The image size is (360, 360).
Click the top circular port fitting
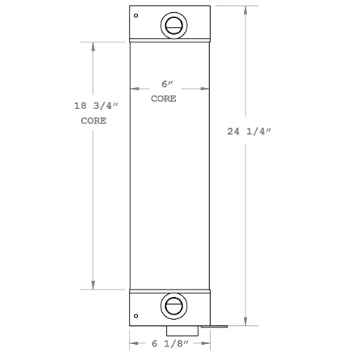[172, 24]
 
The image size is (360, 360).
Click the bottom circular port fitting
[171, 306]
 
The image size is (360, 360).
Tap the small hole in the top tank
[136, 16]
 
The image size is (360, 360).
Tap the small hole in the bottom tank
[136, 317]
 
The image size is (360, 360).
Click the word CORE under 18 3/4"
[93, 121]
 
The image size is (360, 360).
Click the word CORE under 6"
[164, 99]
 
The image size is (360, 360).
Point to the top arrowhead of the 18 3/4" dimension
[93, 45]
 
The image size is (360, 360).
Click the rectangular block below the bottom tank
[183, 331]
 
